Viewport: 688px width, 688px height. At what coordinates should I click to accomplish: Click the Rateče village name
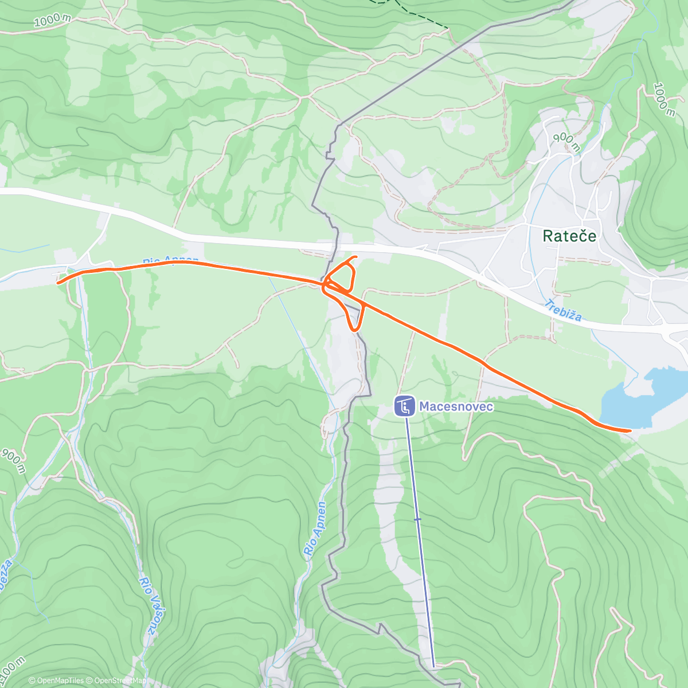569,236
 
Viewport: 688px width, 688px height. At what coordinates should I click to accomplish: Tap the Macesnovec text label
456,406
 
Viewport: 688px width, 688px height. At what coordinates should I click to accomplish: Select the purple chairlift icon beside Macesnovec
404,406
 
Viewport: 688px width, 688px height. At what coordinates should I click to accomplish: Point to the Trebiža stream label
563,310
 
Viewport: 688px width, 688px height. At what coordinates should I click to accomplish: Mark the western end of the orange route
58,282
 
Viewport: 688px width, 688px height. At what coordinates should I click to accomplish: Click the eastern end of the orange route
630,429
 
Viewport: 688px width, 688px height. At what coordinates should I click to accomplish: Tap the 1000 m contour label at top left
52,20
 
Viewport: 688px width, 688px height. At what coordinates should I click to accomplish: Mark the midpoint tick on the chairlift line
417,519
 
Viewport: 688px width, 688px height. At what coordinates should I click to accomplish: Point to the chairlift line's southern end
433,665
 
